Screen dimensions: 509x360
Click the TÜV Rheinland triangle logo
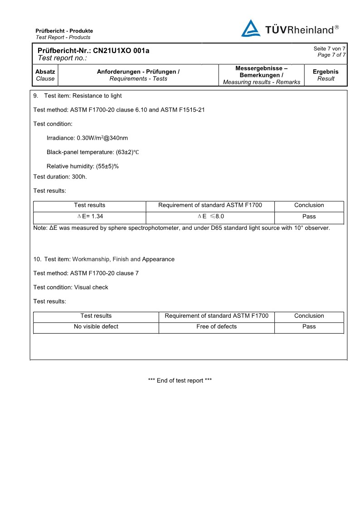click(250, 28)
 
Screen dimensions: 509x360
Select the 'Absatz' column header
click(45, 72)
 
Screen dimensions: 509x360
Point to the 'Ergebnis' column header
click(326, 72)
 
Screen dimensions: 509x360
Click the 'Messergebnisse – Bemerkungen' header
click(262, 72)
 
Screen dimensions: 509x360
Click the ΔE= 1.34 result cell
click(90, 216)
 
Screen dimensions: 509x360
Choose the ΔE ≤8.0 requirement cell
click(210, 216)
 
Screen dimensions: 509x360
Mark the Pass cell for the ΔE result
click(309, 216)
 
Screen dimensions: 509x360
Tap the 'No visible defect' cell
click(96, 326)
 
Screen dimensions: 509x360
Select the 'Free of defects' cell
click(216, 326)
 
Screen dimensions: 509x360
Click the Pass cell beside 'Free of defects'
click(309, 326)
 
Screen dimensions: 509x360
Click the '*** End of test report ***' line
click(180, 380)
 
